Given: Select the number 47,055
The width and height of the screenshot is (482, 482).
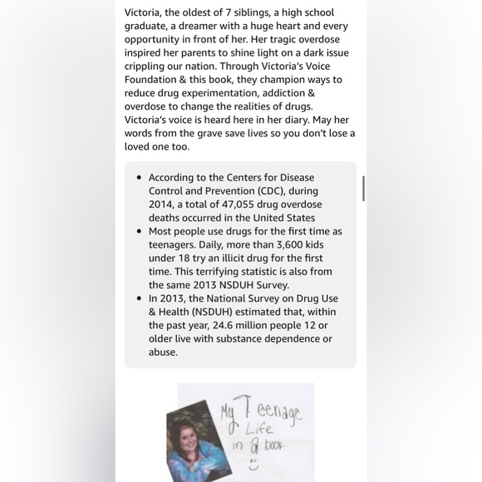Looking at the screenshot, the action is click(254, 204).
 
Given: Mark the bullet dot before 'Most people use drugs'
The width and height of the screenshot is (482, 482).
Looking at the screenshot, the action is click(137, 231).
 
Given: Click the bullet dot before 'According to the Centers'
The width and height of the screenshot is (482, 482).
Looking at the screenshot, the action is click(137, 177).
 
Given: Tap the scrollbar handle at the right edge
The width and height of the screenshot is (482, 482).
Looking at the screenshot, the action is click(363, 188).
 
